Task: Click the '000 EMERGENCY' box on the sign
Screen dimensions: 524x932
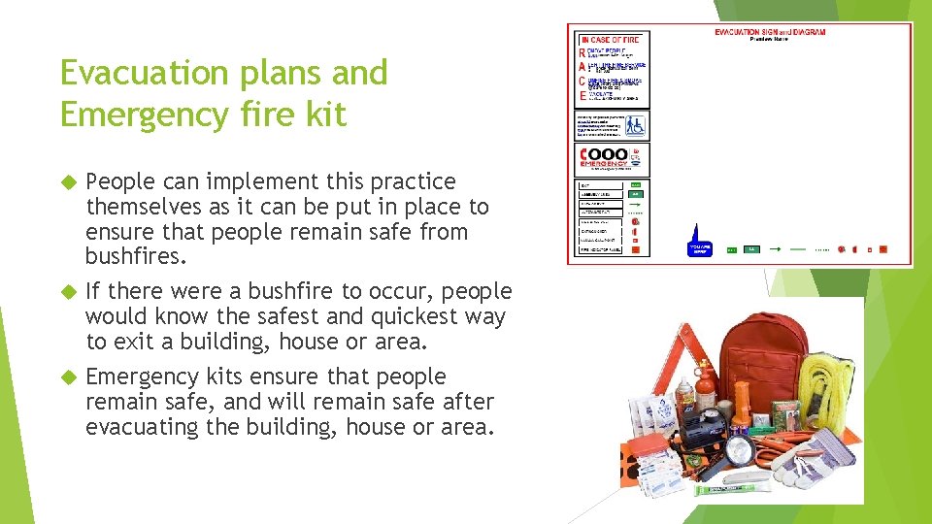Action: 613,158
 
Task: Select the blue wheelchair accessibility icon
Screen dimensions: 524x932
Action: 634,125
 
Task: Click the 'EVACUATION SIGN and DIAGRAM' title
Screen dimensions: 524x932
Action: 770,32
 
